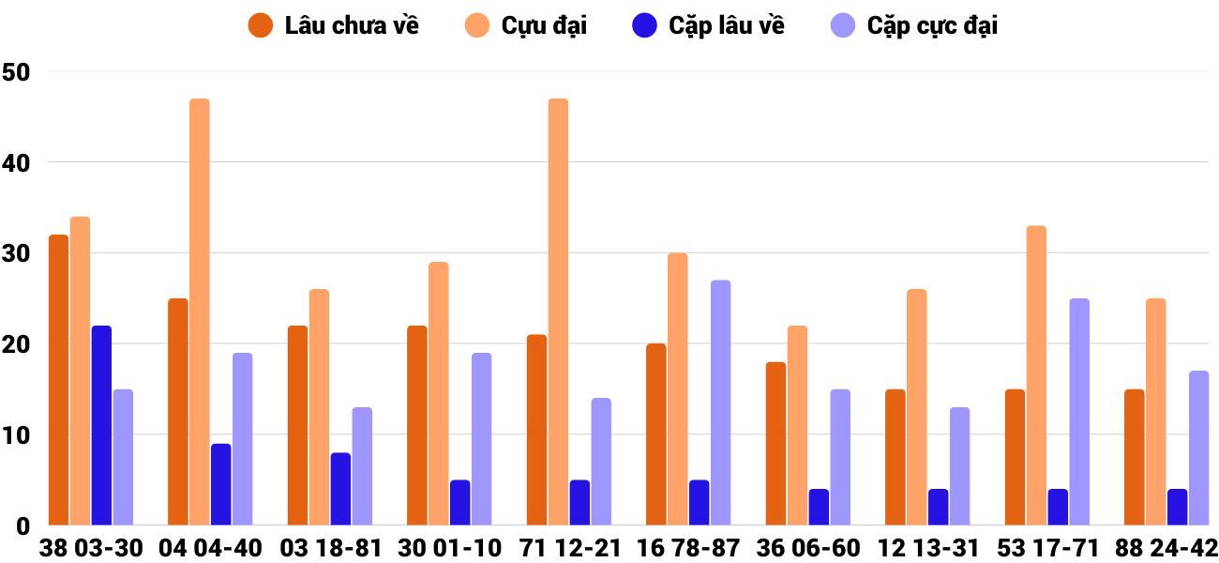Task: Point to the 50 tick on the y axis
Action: (17, 71)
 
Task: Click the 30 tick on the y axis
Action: (17, 253)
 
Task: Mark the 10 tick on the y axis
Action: (17, 435)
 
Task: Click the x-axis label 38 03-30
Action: (91, 548)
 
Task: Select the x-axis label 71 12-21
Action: (569, 548)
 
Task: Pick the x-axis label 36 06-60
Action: (808, 548)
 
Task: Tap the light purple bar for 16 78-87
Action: (720, 403)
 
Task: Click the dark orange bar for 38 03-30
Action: (58, 380)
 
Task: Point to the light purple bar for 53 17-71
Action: (1078, 412)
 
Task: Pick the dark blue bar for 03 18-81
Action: (340, 489)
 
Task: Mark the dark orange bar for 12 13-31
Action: (895, 457)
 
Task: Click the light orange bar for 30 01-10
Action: (439, 393)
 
